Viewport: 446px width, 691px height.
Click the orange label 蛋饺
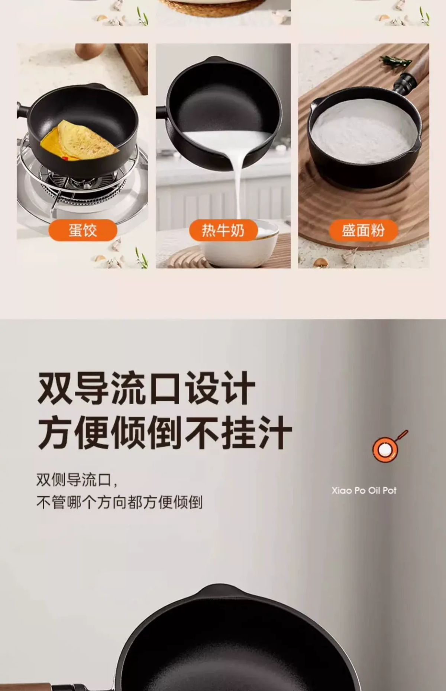pyautogui.click(x=83, y=230)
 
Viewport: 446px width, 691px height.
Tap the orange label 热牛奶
pyautogui.click(x=223, y=230)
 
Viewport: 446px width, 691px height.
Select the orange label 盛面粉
pyautogui.click(x=363, y=230)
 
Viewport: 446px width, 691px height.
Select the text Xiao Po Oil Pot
pyautogui.click(x=364, y=491)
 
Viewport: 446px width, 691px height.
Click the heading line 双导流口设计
pyautogui.click(x=146, y=388)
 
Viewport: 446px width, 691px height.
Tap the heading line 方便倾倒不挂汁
pyautogui.click(x=165, y=433)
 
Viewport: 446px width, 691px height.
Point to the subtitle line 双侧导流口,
pyautogui.click(x=77, y=480)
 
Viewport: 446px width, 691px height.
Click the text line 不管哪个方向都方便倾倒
pyautogui.click(x=119, y=502)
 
